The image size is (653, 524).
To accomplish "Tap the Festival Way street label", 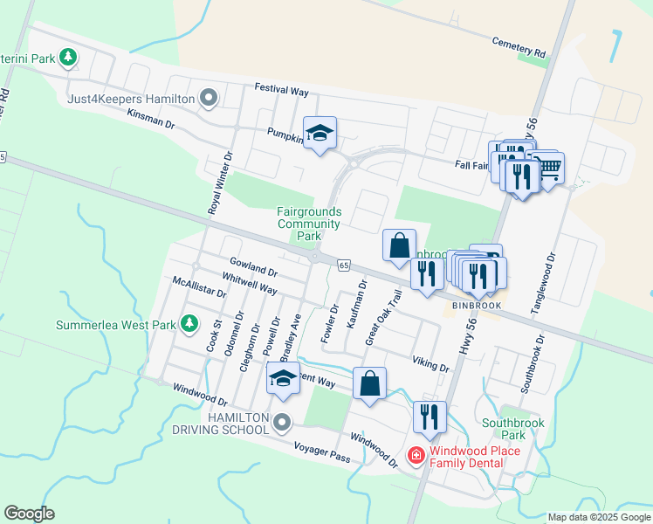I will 282,89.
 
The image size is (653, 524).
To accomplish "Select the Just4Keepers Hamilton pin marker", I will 209,98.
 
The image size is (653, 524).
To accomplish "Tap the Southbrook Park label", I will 513,429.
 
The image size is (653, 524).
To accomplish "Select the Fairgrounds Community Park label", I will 309,224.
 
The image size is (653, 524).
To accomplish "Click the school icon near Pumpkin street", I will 320,134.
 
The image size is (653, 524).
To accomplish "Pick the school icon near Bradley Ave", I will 283,378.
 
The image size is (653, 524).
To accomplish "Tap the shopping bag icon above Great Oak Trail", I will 400,246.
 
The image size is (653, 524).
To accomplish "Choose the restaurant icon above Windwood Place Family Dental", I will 429,417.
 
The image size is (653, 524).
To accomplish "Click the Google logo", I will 29,513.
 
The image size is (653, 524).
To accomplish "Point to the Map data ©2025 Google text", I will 598,517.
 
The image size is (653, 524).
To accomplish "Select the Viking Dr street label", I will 431,362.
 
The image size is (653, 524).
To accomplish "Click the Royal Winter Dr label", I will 220,183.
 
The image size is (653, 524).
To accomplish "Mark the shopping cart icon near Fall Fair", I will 547,169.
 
